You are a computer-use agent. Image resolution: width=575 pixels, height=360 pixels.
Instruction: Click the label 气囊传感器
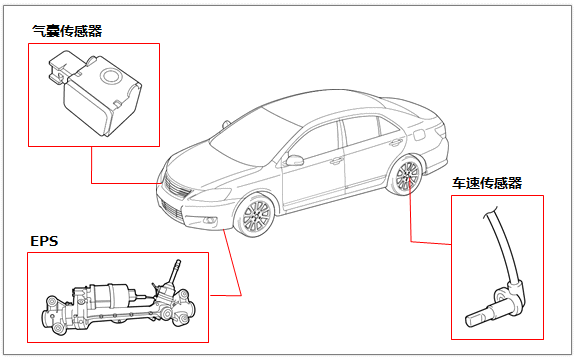click(x=67, y=31)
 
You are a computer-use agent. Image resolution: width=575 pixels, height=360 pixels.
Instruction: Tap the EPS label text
click(x=44, y=241)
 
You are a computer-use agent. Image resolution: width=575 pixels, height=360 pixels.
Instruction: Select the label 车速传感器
click(x=487, y=183)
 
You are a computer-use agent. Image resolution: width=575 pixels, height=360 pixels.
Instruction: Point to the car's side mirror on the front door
click(x=294, y=160)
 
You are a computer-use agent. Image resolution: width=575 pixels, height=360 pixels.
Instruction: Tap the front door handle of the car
click(x=336, y=161)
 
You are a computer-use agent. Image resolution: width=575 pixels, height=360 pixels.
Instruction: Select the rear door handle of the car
click(x=396, y=142)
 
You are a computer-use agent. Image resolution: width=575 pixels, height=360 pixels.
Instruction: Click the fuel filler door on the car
click(x=419, y=135)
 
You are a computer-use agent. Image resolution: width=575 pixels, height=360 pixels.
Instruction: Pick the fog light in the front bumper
click(x=210, y=220)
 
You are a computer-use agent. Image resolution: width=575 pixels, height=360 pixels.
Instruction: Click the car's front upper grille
click(x=176, y=187)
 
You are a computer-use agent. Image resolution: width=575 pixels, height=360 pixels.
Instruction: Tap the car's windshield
click(x=249, y=137)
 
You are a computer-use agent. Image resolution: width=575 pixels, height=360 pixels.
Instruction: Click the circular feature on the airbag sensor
click(x=109, y=76)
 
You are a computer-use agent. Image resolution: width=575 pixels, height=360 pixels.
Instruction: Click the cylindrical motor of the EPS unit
click(x=110, y=294)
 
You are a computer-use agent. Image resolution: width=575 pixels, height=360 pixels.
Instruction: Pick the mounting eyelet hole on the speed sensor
click(x=500, y=295)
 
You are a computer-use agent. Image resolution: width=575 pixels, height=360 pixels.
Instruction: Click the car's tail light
click(x=441, y=131)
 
